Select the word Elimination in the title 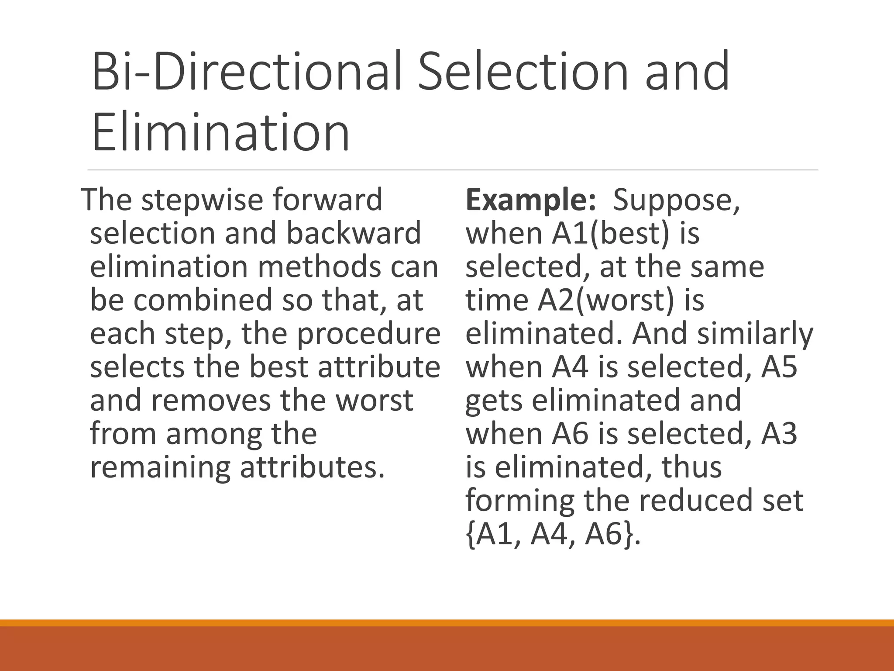[x=221, y=131]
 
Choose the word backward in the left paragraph [x=354, y=233]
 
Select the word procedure [x=369, y=334]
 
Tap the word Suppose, [x=677, y=200]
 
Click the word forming [x=520, y=502]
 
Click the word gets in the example [x=494, y=401]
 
